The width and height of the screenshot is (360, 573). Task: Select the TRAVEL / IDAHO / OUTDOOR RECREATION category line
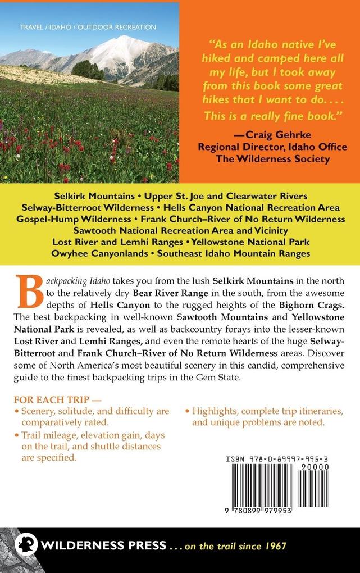click(88, 27)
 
